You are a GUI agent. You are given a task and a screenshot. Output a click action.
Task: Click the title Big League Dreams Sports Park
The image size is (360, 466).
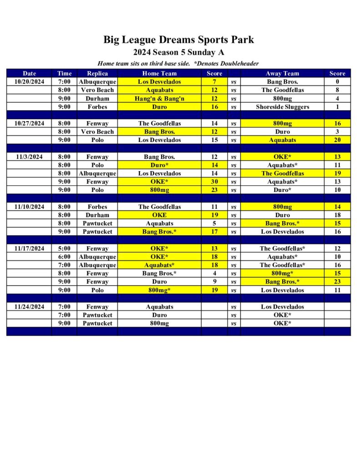pos(178,40)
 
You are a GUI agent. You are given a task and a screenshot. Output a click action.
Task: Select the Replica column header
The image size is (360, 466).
pos(97,73)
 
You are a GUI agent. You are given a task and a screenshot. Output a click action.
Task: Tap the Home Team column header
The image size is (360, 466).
pos(159,73)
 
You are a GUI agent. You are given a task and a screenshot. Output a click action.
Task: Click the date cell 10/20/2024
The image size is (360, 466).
pos(29,82)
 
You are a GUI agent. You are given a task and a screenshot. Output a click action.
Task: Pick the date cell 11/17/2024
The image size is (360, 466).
pos(29,248)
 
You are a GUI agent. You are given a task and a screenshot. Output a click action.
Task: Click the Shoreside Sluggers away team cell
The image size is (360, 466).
pos(282,107)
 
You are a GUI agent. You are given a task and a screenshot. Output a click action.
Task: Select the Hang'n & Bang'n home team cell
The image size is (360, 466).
pos(159,98)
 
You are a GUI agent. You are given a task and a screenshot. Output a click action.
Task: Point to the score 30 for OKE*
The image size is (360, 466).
pos(214,182)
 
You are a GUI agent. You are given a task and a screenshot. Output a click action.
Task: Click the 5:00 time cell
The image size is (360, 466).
pos(64,248)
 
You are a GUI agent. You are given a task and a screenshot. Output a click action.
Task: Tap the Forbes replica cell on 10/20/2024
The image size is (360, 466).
pos(97,107)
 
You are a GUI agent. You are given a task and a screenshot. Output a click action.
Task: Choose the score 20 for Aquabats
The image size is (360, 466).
pos(337,140)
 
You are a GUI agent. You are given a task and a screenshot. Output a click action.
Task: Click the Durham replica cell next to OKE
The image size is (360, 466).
pos(97,215)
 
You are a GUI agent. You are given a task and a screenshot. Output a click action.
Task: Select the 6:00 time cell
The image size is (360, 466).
pos(64,257)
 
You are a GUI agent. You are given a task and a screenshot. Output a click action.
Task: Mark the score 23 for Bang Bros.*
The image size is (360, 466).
pos(337,282)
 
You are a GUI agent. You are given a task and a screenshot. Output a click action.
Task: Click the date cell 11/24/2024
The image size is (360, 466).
pos(29,307)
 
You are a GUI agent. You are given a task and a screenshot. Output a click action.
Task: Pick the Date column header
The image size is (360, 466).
pos(29,73)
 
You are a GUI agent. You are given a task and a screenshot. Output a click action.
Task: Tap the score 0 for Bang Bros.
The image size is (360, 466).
pos(337,82)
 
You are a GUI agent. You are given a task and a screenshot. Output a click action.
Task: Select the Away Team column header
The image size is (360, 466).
pos(282,73)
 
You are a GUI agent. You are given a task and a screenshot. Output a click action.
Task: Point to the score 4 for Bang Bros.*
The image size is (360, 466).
pos(214,274)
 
